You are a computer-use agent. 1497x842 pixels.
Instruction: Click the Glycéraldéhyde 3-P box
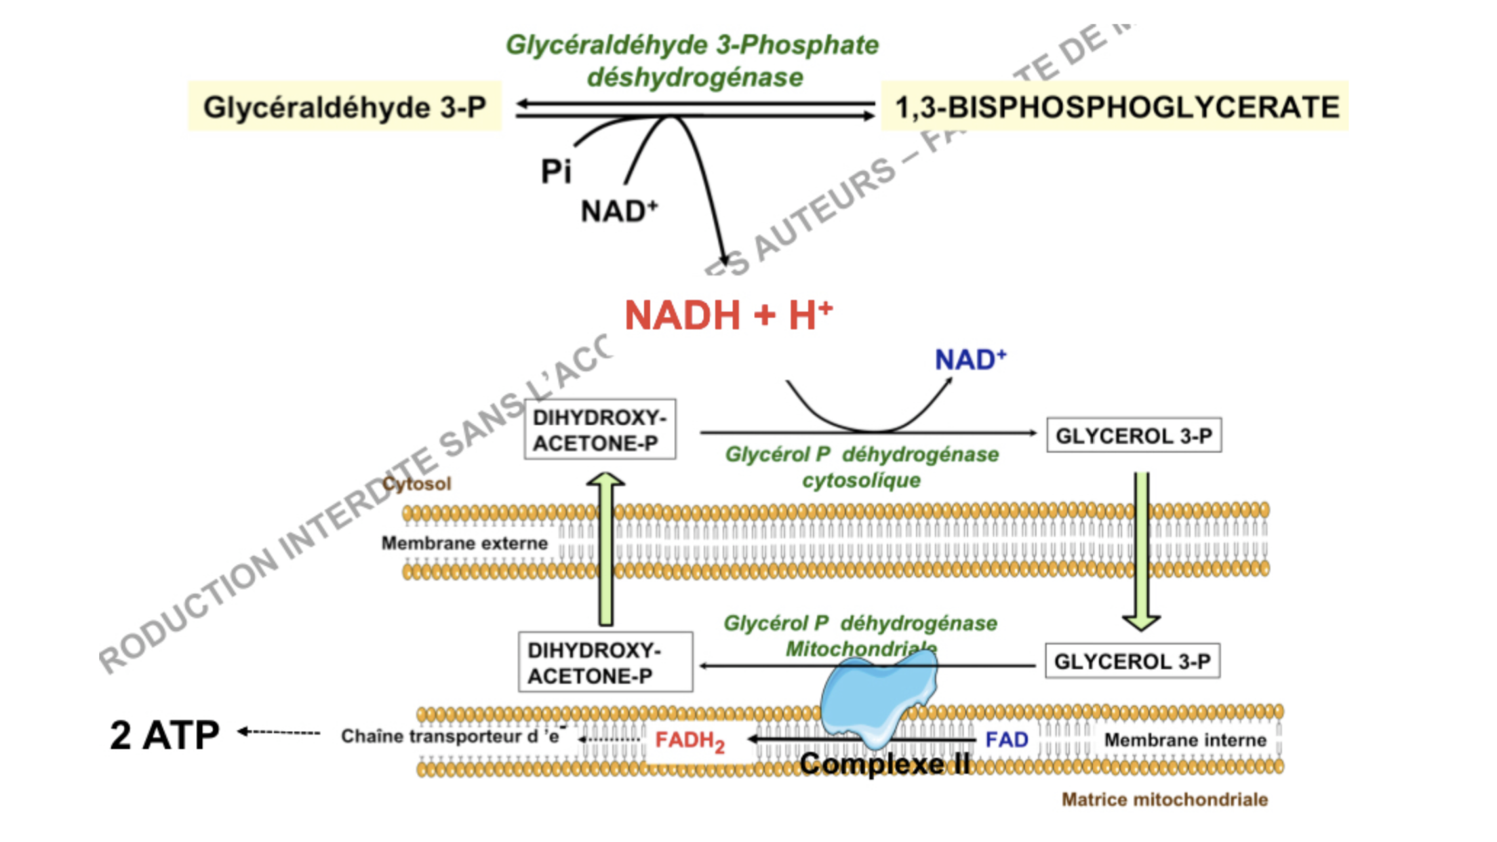pos(344,107)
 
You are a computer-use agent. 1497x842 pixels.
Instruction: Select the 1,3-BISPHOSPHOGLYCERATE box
pos(1116,107)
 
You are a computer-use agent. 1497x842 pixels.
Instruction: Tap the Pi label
pos(556,171)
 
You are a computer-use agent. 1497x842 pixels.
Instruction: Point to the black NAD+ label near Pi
pos(618,211)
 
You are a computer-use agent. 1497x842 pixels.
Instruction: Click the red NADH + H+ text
pos(727,315)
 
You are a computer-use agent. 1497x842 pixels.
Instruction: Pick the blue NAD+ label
pos(970,359)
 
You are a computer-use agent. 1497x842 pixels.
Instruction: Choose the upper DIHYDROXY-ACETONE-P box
pos(600,430)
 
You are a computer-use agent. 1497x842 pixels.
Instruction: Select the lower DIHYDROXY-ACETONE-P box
pos(605,662)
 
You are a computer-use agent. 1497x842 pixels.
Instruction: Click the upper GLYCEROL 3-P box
pos(1134,435)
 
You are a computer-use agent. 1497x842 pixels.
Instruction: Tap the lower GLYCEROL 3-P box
pos(1132,661)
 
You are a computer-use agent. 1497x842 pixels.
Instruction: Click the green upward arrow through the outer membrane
pos(605,549)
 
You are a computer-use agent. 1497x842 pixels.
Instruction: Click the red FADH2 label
pos(690,741)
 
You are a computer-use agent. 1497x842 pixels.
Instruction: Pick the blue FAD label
pos(1006,740)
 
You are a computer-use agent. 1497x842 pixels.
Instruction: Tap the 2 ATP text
pos(165,735)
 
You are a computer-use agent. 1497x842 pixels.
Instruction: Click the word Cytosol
pos(416,483)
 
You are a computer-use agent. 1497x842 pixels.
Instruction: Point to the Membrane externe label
pos(464,543)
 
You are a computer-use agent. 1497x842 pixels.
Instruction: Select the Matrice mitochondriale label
pos(1164,799)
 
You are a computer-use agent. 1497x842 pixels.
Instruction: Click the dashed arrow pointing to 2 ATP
pos(279,732)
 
